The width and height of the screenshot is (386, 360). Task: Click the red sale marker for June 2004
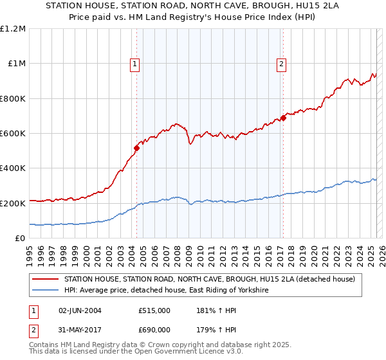coord(136,148)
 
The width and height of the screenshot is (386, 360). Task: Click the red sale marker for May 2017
coord(283,118)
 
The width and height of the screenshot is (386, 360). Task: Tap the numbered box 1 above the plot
coord(134,63)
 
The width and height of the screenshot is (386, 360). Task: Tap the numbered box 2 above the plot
coord(282,63)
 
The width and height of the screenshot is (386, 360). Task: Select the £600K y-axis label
coord(13,134)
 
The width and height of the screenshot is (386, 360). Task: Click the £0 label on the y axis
coord(21,239)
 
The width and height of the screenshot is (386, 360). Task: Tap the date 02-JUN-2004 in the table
coord(80,310)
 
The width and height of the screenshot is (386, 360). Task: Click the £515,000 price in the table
coord(154,310)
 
